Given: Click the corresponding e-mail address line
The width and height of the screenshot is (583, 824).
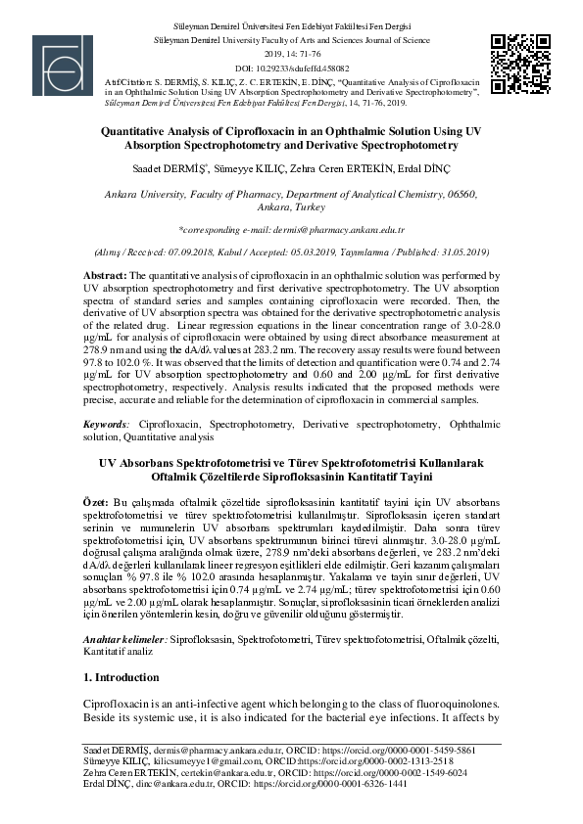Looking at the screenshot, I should pyautogui.click(x=291, y=228).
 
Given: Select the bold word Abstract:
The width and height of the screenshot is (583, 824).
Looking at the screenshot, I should pyautogui.click(x=104, y=278).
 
